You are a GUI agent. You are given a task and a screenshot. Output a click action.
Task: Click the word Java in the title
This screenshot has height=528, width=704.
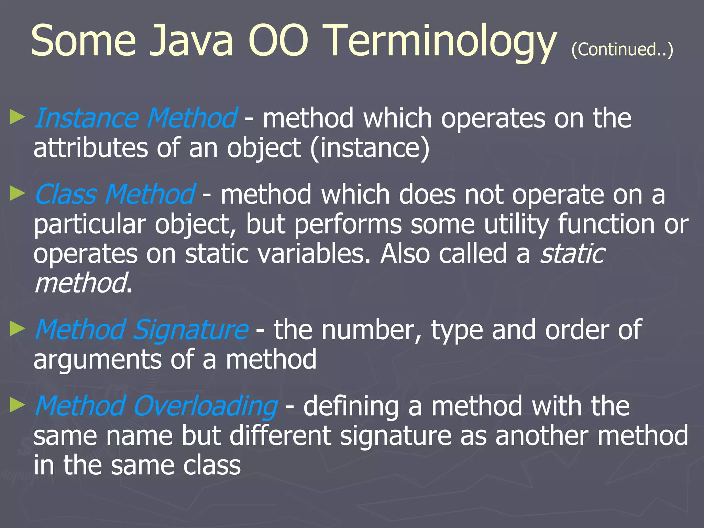click(x=191, y=41)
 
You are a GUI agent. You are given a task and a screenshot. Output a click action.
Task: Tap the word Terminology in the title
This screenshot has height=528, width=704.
click(x=440, y=41)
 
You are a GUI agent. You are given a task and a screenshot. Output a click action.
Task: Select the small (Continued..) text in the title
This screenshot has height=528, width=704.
click(x=622, y=50)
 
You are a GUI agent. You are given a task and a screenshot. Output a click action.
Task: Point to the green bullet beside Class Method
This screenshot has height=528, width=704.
click(x=18, y=193)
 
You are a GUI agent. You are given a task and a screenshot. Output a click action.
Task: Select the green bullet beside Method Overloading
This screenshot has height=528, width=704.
click(x=18, y=405)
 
